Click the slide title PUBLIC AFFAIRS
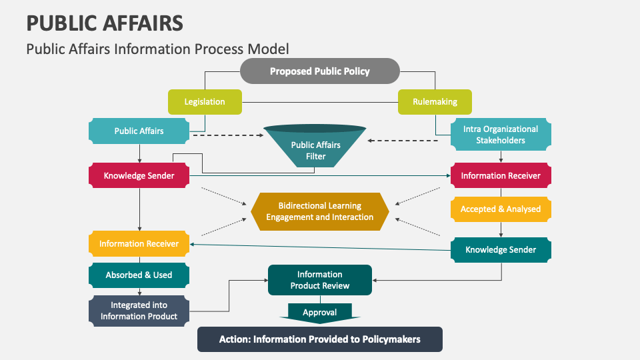(105, 23)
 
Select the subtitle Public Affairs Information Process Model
(157, 49)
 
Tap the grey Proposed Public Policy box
(319, 71)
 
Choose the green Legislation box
(204, 102)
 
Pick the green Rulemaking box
(435, 102)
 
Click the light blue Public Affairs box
(139, 131)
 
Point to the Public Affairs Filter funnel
(315, 148)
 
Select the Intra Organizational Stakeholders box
(500, 135)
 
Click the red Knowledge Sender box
(139, 176)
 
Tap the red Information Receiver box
(500, 176)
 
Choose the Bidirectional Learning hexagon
(319, 211)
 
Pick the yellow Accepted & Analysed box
(500, 209)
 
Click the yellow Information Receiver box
(139, 243)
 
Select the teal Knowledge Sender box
(500, 249)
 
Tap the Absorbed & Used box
(139, 275)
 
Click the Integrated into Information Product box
(139, 311)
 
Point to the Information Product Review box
(319, 280)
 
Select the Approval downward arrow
(319, 313)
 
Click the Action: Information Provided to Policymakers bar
(319, 339)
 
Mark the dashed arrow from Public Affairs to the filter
(227, 135)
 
